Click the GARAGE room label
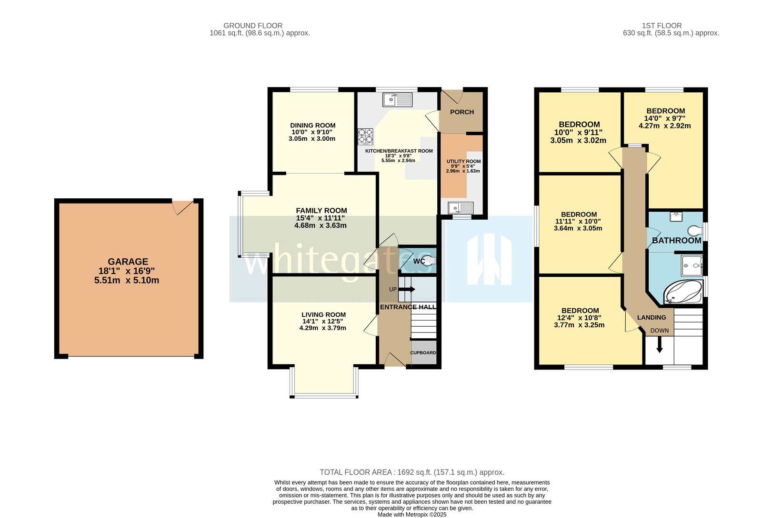(128, 262)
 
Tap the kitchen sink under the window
(397, 100)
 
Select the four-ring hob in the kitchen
(366, 136)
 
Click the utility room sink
(461, 208)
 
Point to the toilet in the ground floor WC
(429, 260)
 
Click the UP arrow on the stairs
(409, 289)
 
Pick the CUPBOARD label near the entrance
(423, 353)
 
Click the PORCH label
(462, 112)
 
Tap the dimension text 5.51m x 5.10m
(127, 281)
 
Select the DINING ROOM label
(313, 126)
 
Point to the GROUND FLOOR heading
(253, 26)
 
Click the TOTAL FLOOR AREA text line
(411, 472)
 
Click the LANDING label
(652, 318)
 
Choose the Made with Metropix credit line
(411, 514)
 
